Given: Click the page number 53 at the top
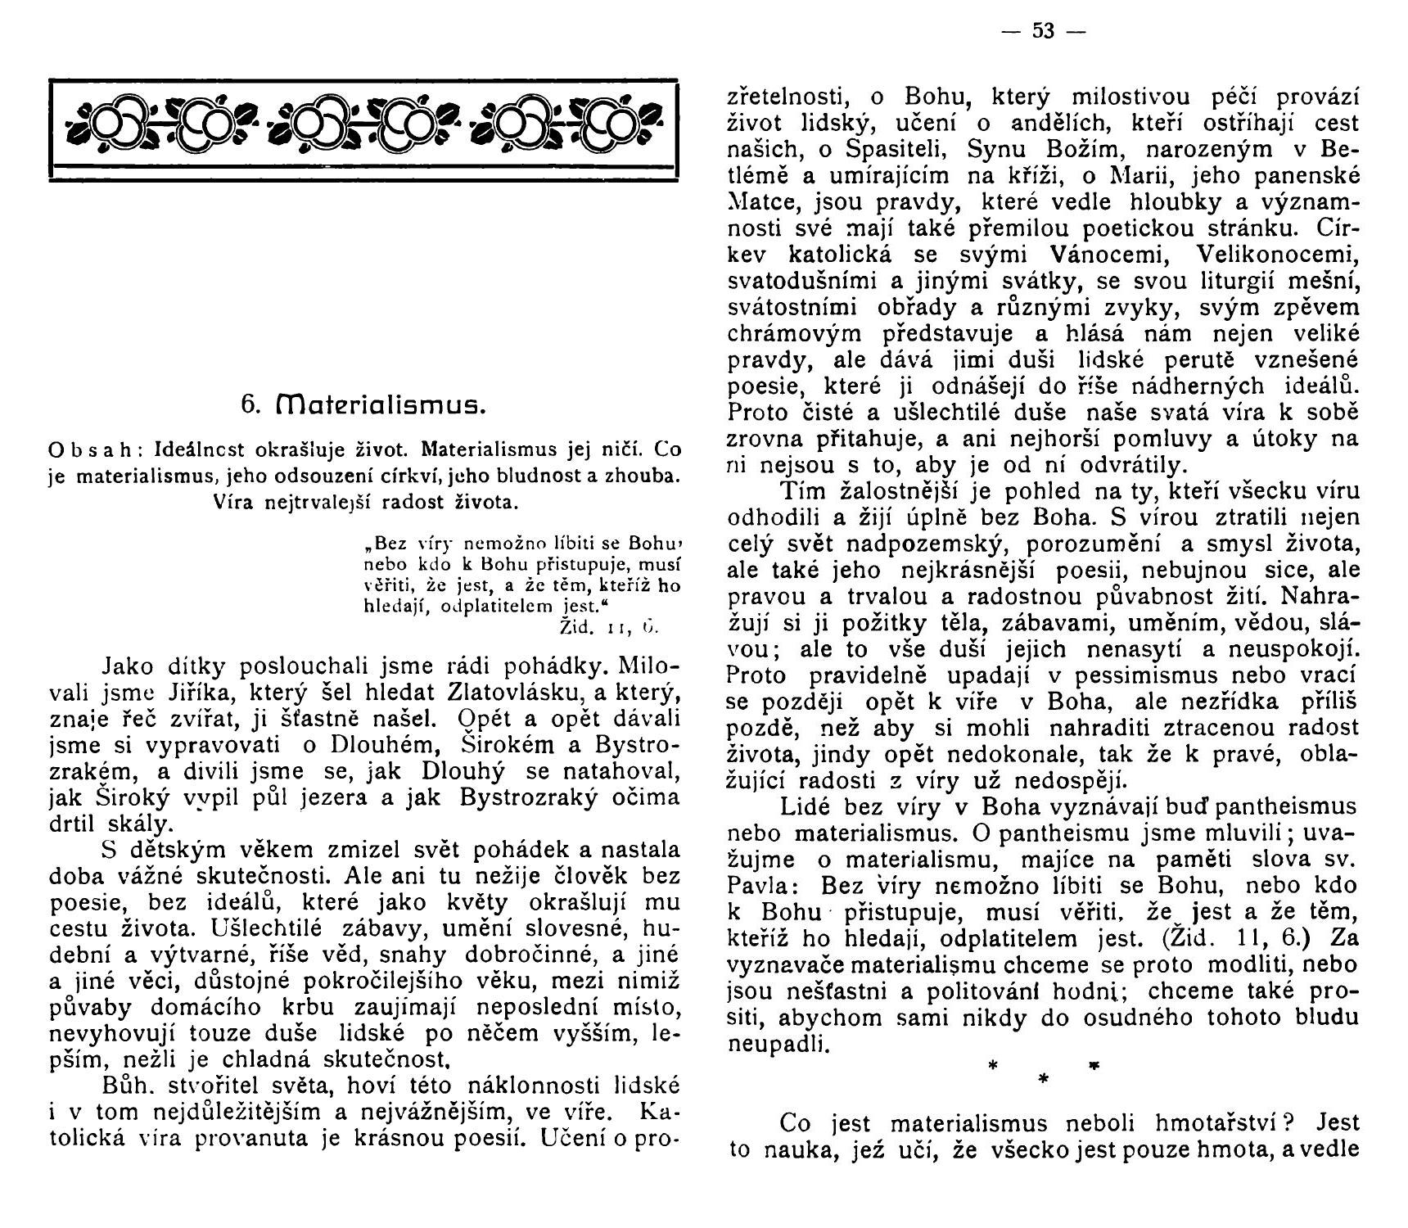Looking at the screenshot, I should (x=1043, y=31).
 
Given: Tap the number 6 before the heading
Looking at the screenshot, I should (x=248, y=404).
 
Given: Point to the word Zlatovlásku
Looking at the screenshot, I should (x=515, y=693).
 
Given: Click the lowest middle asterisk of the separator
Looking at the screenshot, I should (x=1042, y=1080).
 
